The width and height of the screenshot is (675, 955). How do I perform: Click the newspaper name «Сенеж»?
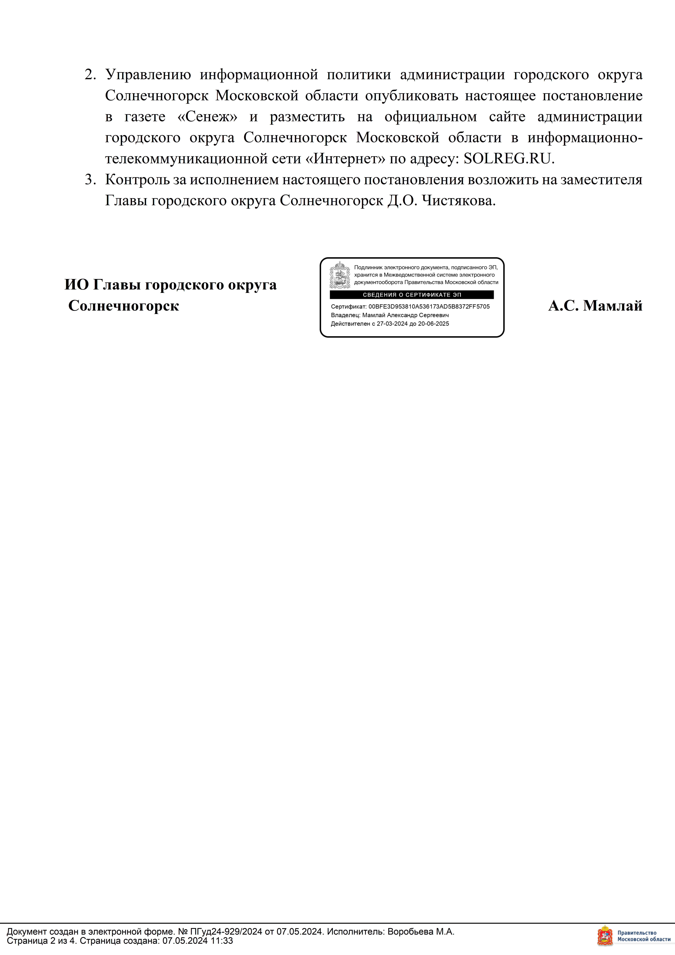click(x=207, y=117)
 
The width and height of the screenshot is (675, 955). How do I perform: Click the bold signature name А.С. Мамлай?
click(x=595, y=306)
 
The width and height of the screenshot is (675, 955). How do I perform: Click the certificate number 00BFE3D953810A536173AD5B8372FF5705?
click(x=429, y=306)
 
